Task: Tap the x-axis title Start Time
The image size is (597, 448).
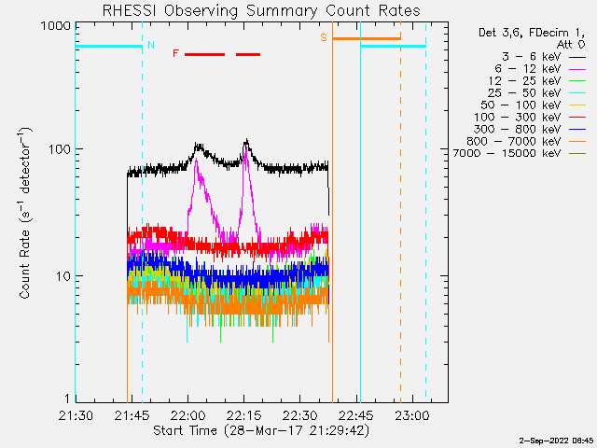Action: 261,430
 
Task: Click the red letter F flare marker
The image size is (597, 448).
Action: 175,54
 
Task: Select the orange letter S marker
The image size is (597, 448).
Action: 324,37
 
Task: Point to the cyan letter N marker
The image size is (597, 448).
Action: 151,45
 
